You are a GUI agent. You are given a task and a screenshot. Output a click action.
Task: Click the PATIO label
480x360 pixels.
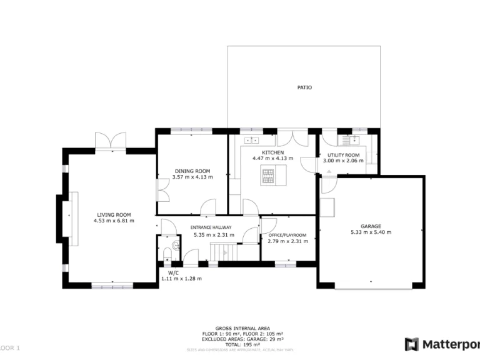(x=304, y=87)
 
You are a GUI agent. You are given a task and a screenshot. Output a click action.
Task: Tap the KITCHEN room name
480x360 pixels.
(x=272, y=152)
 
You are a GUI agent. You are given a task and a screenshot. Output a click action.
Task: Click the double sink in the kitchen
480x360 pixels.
(x=252, y=139)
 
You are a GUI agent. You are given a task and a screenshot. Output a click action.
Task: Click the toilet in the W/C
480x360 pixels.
(x=167, y=253)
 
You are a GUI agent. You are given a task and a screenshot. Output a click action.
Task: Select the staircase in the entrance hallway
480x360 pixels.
(x=223, y=252)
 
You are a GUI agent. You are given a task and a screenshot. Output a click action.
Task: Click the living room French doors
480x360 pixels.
(x=110, y=142)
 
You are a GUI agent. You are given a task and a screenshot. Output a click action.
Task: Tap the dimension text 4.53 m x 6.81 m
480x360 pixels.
(x=114, y=221)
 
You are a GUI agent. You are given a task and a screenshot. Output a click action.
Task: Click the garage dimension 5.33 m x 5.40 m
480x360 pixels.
(x=371, y=232)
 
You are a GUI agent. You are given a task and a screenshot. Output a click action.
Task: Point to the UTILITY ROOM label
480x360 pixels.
(x=344, y=155)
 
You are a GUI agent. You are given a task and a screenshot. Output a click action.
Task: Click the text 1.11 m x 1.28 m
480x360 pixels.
(x=181, y=278)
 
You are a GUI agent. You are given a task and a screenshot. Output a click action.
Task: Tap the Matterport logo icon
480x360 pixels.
(x=411, y=344)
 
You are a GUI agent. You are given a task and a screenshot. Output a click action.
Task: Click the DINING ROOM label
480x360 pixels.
(x=192, y=171)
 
